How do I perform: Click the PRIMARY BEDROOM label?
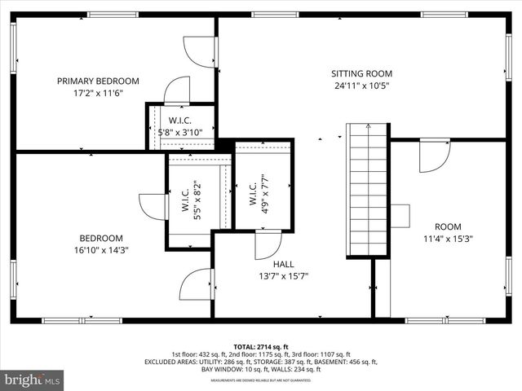coord(98,81)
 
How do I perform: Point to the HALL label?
coord(283,264)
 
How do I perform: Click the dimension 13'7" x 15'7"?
coord(283,276)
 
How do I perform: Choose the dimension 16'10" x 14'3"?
coord(100,250)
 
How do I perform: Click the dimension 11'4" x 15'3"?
coord(447,239)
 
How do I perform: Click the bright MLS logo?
coord(32,380)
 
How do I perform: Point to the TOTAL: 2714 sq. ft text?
coord(261,346)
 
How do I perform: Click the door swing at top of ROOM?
coord(434,156)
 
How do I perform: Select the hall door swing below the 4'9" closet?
coord(268,244)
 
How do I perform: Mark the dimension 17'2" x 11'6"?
coord(98,94)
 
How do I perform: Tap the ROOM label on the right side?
coord(447,226)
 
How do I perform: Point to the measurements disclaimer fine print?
coord(261,380)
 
